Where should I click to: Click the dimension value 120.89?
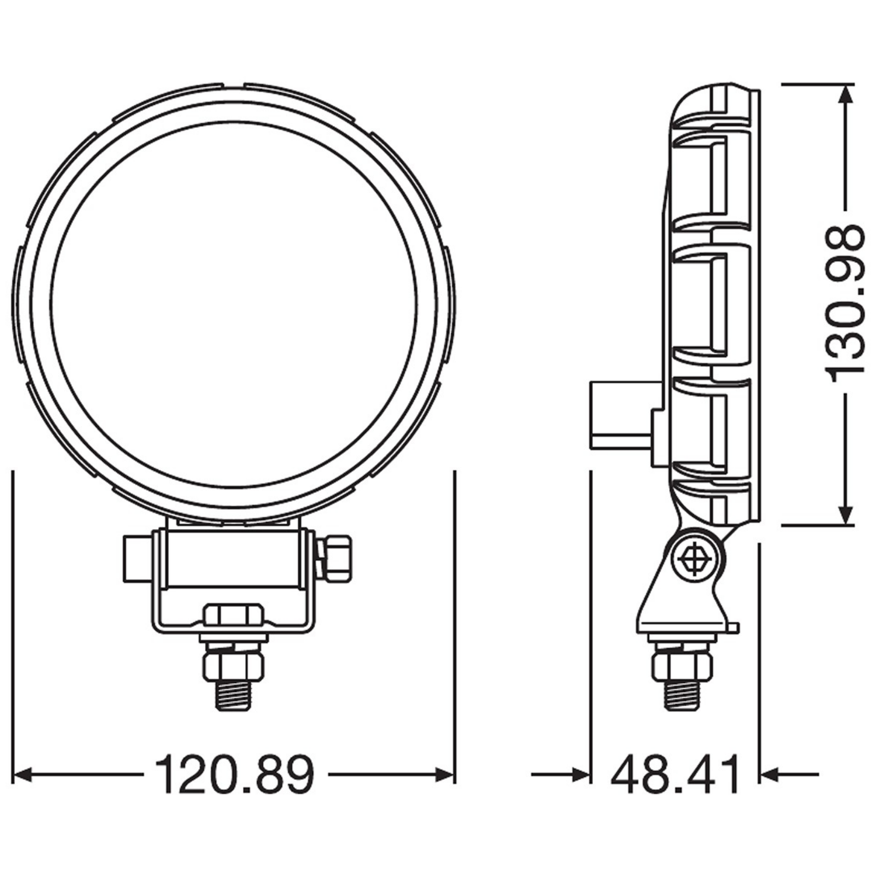235,775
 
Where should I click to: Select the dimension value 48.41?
675,775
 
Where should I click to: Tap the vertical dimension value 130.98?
843,304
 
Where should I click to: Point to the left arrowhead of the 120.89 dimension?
21,775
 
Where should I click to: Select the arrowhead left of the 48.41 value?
581,775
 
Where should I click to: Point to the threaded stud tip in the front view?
232,695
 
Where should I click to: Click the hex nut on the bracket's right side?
338,558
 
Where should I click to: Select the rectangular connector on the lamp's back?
619,415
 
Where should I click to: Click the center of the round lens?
234,304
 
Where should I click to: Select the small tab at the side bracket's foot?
734,628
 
